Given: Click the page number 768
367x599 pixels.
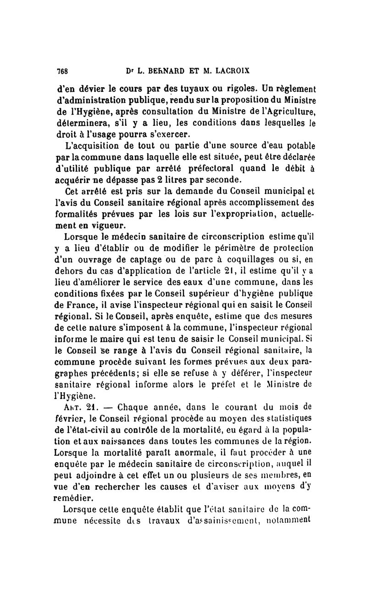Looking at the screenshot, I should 62,71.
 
